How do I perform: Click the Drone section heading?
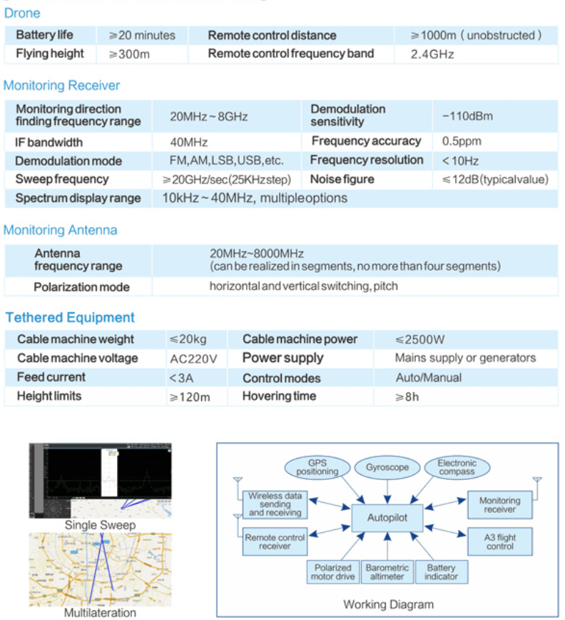click(x=22, y=13)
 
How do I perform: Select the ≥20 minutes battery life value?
click(x=142, y=36)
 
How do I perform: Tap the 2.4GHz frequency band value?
click(x=432, y=54)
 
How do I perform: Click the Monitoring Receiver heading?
click(x=61, y=86)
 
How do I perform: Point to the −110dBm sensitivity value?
click(x=467, y=116)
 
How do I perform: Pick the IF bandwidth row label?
click(x=49, y=142)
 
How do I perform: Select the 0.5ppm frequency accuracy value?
click(x=462, y=141)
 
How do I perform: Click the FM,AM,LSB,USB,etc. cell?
click(x=227, y=161)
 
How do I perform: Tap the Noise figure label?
click(x=342, y=179)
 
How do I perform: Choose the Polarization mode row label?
click(x=82, y=287)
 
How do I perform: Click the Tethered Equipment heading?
click(x=70, y=318)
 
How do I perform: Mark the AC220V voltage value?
click(x=193, y=359)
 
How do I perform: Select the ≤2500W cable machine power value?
click(x=419, y=340)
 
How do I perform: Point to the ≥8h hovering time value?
click(x=407, y=397)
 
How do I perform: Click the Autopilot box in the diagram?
click(x=387, y=518)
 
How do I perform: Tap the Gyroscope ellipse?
click(x=387, y=468)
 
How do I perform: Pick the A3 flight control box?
click(x=500, y=541)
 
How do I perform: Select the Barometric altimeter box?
click(x=387, y=572)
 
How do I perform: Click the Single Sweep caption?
click(x=101, y=526)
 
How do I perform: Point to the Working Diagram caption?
click(x=389, y=604)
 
